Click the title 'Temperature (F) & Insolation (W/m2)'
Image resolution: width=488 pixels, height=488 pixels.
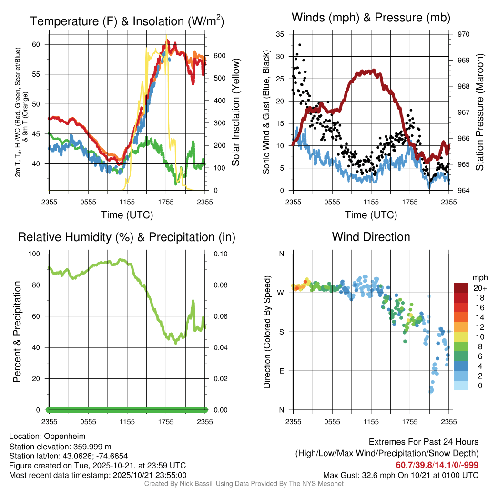(x=127, y=21)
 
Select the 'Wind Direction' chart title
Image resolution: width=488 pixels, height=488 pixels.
(x=371, y=237)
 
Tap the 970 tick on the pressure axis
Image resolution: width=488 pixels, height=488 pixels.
(x=463, y=34)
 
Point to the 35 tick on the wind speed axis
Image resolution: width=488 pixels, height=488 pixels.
(x=280, y=34)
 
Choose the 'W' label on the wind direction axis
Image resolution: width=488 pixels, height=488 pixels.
(x=281, y=293)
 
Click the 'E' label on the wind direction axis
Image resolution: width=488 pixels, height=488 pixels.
(x=282, y=371)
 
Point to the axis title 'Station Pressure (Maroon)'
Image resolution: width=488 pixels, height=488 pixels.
(x=480, y=112)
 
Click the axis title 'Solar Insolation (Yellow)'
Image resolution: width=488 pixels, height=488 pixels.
(x=236, y=112)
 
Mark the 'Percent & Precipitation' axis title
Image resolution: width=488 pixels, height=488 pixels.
(x=17, y=332)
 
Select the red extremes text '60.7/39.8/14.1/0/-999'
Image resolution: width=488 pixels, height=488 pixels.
(x=437, y=465)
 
